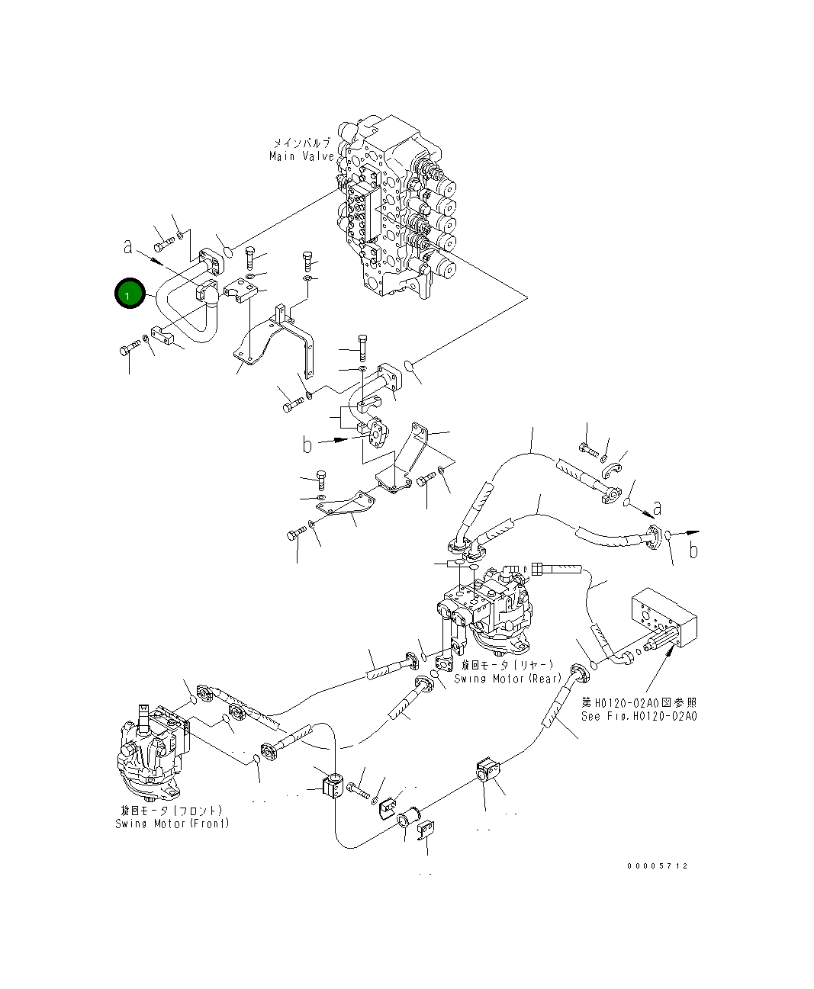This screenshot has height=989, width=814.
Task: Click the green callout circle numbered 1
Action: point(129,293)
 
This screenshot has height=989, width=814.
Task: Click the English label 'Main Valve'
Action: point(301,156)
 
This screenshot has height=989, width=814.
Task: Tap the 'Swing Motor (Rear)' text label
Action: point(507,679)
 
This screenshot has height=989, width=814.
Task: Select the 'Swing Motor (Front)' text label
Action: point(172,824)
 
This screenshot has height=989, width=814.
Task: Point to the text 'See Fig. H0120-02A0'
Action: point(639,716)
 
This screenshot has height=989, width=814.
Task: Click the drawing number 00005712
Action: point(657,866)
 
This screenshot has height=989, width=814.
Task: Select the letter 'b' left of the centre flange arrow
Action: point(307,445)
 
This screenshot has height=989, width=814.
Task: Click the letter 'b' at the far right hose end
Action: point(693,550)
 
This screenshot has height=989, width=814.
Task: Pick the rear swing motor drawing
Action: point(488,610)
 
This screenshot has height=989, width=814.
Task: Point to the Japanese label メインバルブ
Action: point(302,143)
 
